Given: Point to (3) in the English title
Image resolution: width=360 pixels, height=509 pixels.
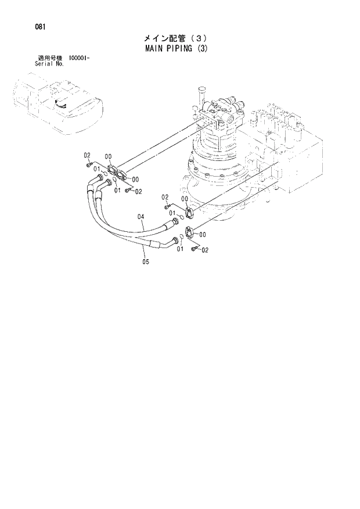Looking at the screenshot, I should pos(201,48).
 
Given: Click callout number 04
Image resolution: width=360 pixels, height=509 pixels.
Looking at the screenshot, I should pos(141,217).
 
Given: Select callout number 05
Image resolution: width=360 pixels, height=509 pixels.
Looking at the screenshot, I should pos(145,261).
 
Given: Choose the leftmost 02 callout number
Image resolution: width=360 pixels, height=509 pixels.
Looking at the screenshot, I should pos(87,155).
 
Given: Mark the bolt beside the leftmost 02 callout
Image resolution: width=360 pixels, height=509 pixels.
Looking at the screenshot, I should pos(89,164).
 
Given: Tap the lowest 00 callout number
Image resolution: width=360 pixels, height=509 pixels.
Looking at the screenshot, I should pos(203,234).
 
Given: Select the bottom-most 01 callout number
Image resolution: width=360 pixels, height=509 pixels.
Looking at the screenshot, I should pos(179,249).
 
